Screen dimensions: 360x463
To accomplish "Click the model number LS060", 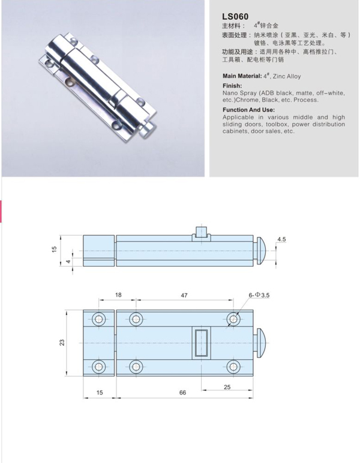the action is click(x=235, y=17).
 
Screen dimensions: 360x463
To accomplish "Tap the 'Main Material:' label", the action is click(x=242, y=76).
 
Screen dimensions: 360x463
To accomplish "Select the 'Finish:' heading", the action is click(x=232, y=86).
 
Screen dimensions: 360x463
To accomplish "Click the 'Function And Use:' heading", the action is click(x=248, y=110).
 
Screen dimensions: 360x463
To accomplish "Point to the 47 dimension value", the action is click(x=184, y=295).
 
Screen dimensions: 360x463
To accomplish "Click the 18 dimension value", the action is click(x=118, y=295).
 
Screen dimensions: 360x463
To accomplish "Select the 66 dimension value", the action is click(x=183, y=392).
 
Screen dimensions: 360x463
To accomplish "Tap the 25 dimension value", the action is click(x=227, y=387).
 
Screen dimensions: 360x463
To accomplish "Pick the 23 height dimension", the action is click(x=62, y=342).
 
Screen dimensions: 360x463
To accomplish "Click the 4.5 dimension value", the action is click(x=281, y=239).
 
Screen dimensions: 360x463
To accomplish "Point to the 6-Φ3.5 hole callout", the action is click(x=259, y=295).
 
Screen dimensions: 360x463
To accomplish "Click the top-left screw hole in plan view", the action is click(x=98, y=319).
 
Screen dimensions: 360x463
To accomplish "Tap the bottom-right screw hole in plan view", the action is click(x=233, y=366).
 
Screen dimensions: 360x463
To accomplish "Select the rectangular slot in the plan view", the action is click(x=202, y=343).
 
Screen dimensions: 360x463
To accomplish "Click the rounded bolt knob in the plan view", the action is click(x=261, y=343).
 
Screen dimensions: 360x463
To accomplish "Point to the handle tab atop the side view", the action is click(x=202, y=234).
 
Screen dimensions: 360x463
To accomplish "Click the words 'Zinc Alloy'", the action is click(x=286, y=77).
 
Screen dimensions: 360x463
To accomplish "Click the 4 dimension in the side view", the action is click(x=68, y=262).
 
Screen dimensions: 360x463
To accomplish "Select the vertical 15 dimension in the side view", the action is click(x=54, y=249).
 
